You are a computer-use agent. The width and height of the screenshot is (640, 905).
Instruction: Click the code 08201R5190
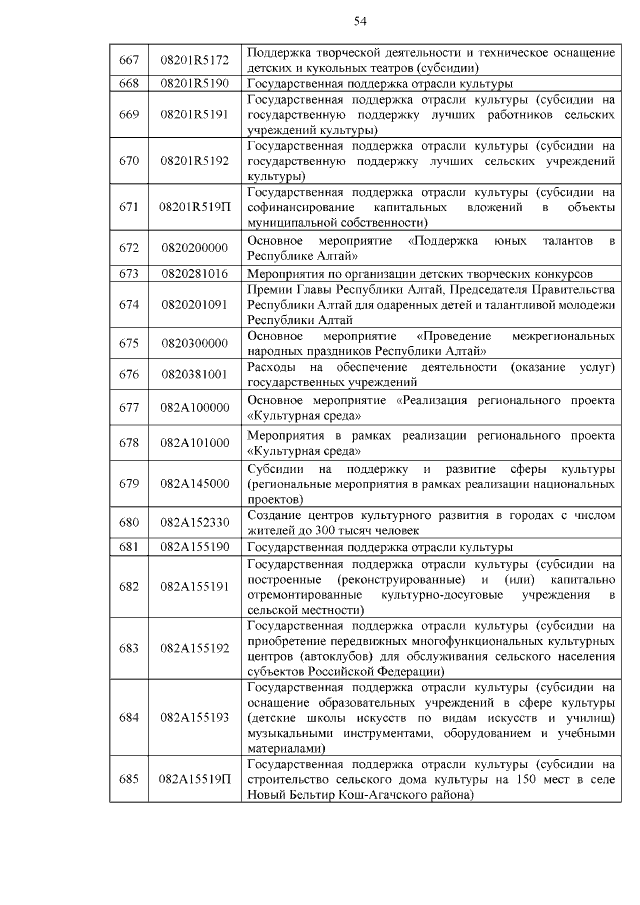click(195, 83)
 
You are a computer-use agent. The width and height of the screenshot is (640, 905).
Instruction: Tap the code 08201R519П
click(195, 207)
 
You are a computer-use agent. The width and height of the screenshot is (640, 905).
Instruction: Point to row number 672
click(128, 248)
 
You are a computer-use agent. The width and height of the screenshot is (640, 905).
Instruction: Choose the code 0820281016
click(195, 273)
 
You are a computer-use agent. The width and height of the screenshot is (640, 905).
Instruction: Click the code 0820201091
click(195, 305)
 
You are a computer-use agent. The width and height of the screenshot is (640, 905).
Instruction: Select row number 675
click(128, 343)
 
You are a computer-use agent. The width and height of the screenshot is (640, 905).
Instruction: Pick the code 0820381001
click(195, 375)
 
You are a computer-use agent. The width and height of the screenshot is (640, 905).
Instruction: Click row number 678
click(128, 443)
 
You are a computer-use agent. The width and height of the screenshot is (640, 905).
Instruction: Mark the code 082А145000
click(195, 484)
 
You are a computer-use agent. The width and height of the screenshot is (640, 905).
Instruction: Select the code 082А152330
click(195, 522)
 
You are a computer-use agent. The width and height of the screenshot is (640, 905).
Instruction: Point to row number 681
click(128, 547)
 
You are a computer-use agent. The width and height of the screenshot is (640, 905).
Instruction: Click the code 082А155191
click(195, 586)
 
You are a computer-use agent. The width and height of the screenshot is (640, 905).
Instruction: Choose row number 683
click(128, 648)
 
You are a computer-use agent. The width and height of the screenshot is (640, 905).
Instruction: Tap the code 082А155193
click(195, 717)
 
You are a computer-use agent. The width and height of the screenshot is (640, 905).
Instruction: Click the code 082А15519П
click(195, 779)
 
